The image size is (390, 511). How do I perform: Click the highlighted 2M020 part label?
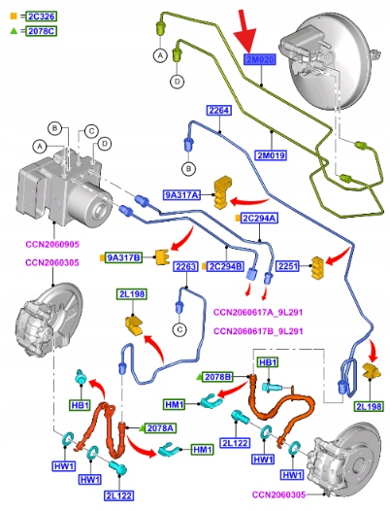(260, 59)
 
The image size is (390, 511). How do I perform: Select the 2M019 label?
(272, 155)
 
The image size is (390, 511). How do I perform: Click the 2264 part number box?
(219, 111)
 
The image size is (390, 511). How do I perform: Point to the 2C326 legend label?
(42, 16)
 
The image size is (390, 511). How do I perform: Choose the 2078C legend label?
(42, 31)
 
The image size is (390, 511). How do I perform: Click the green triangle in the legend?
(14, 31)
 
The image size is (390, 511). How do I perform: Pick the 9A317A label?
(181, 195)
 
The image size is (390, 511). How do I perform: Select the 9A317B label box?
(124, 257)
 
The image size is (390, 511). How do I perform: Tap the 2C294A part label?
(259, 218)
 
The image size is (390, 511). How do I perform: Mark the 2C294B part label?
(226, 266)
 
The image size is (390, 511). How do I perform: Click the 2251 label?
(288, 266)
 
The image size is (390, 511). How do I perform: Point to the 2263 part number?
(185, 266)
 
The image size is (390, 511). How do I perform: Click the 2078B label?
(217, 377)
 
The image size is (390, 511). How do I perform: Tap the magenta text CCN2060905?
(52, 244)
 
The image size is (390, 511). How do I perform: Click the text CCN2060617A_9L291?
(258, 312)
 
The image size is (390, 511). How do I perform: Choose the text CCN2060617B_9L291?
(258, 331)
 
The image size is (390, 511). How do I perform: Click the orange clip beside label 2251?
(318, 268)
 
